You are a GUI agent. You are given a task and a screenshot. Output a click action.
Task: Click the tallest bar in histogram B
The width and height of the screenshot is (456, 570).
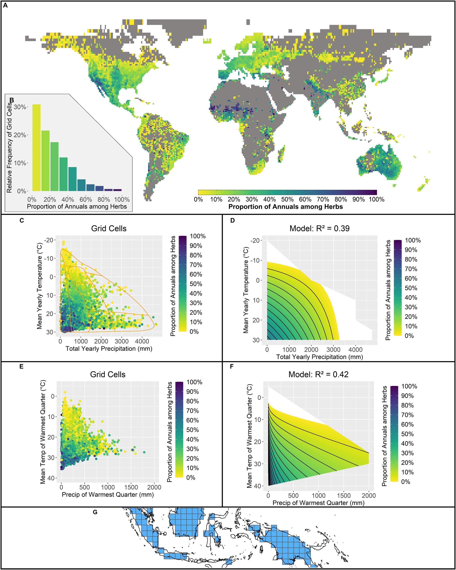(36, 147)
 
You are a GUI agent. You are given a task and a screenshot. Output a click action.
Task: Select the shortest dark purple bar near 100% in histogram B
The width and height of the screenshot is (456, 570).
(117, 190)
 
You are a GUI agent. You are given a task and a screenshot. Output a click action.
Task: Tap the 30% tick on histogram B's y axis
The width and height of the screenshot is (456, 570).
(20, 107)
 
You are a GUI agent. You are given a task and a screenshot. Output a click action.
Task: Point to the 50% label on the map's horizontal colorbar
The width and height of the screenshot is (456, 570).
(287, 199)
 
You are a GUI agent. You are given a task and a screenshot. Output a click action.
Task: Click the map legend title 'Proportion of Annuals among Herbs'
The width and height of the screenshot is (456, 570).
(285, 207)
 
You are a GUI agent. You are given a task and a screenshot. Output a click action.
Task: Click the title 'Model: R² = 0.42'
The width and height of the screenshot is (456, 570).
(318, 374)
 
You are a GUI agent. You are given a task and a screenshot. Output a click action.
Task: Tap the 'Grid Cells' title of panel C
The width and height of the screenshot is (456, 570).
(109, 228)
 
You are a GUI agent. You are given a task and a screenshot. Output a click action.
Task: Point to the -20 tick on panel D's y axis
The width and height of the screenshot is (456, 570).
(256, 240)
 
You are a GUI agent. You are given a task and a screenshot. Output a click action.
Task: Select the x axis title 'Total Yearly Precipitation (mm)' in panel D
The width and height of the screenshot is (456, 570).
(320, 357)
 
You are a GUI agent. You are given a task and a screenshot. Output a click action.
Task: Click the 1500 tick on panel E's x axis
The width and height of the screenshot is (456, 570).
(131, 487)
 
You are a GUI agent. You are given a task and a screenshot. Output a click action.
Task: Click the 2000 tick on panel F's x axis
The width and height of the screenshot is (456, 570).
(369, 495)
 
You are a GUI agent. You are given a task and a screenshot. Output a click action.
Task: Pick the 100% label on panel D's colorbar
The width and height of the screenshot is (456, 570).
(413, 240)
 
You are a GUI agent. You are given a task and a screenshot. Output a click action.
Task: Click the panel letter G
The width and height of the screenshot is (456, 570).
(95, 512)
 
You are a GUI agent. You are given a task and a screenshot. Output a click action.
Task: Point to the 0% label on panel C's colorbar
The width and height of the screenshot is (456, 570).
(194, 331)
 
